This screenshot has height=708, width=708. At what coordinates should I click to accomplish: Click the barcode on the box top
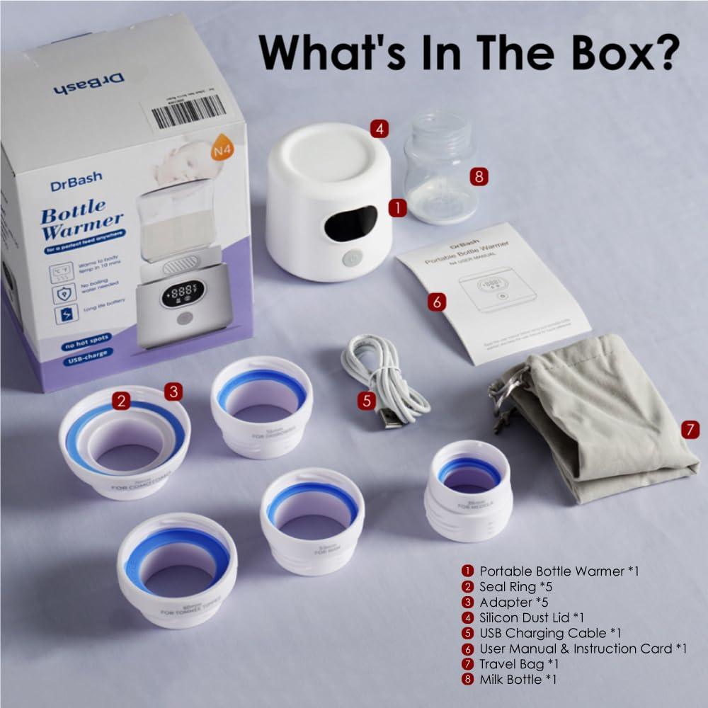tap(190, 109)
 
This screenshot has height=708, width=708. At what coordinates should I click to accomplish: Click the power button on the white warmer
tap(350, 260)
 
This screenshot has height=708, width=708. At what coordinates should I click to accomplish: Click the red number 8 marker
tap(479, 176)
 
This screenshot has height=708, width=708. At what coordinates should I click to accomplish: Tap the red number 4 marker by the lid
tap(379, 129)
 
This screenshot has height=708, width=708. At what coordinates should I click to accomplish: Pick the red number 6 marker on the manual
tap(437, 302)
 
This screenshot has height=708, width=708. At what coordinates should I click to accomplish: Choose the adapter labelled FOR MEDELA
tap(470, 489)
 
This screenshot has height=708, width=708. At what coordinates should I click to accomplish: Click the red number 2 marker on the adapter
tap(122, 401)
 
